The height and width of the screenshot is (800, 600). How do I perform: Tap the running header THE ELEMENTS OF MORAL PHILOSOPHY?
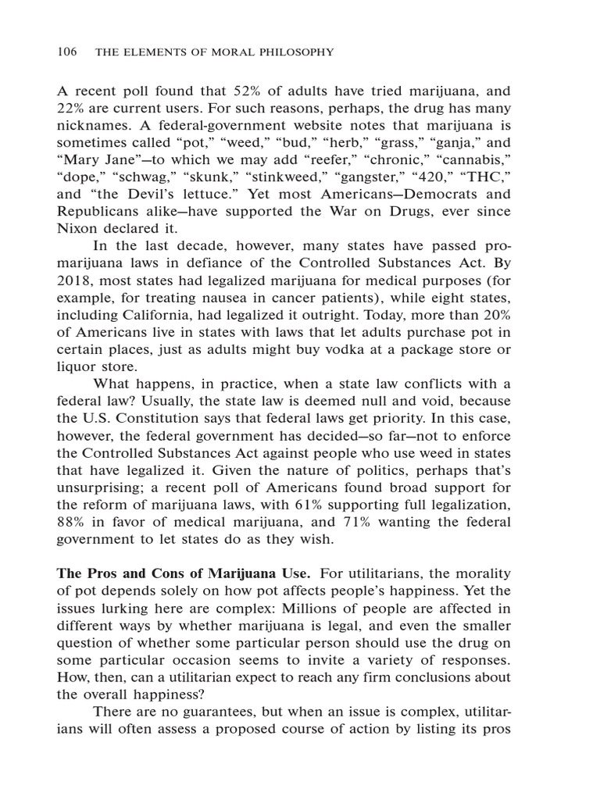click(x=214, y=52)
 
